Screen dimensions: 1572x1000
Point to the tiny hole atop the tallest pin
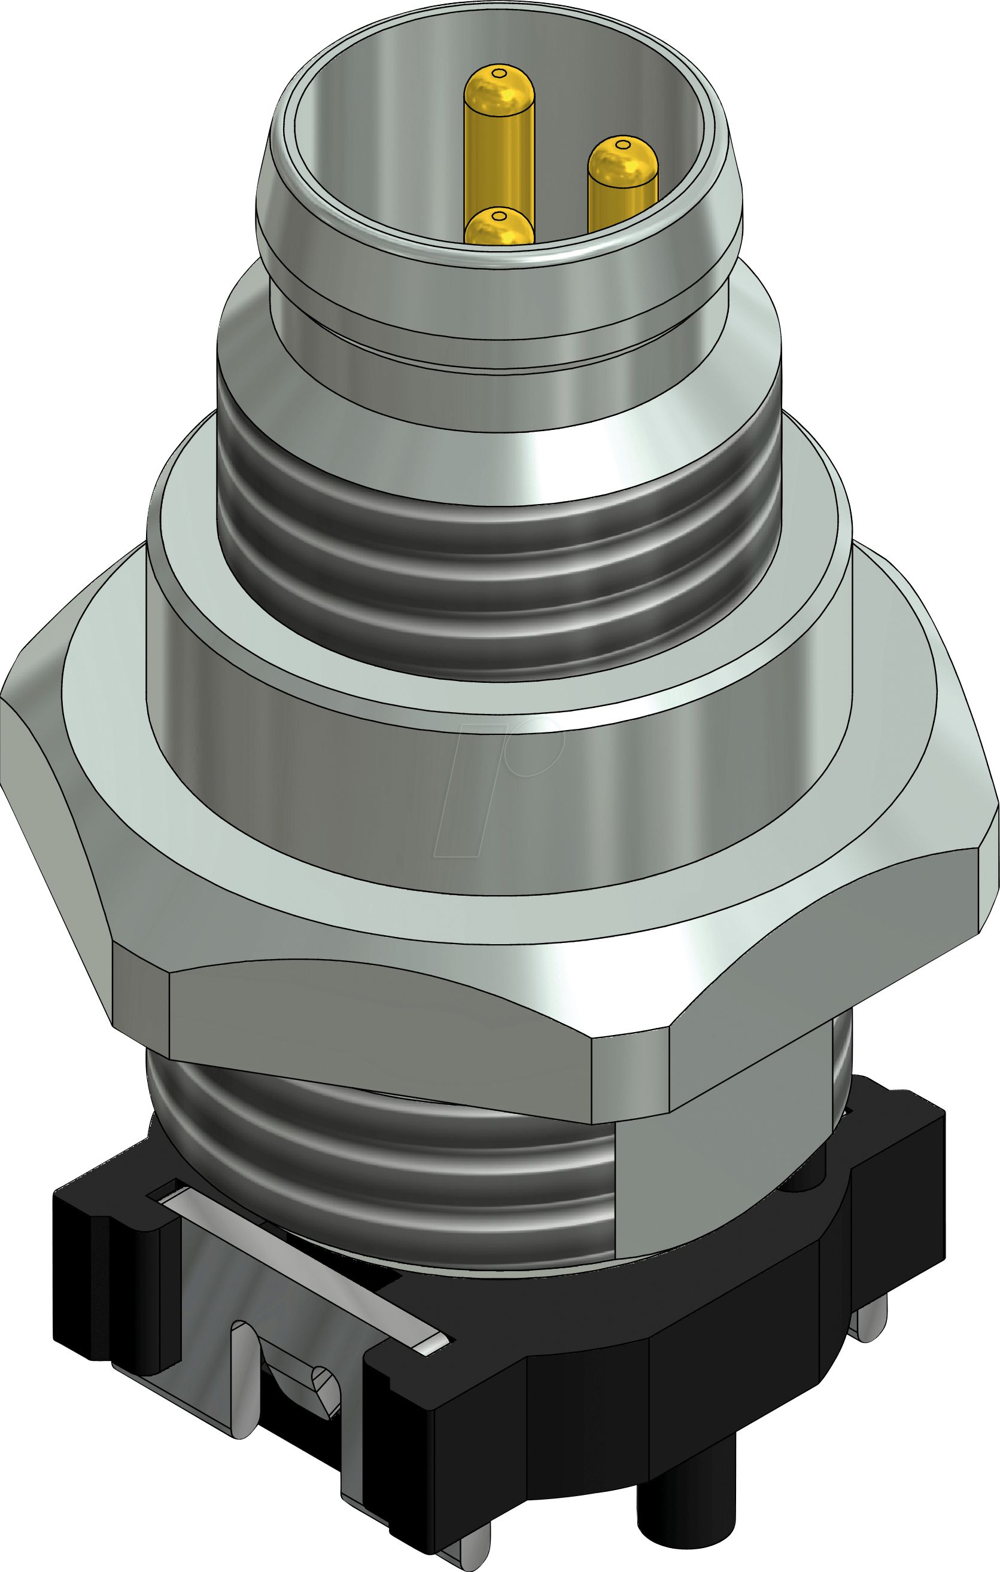499,73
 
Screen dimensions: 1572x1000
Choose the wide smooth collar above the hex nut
496,816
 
